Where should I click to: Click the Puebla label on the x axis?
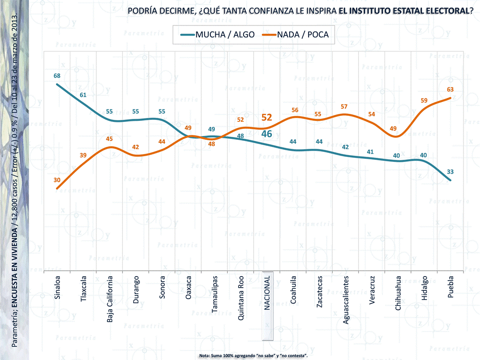[x=451, y=287]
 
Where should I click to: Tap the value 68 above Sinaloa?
[x=57, y=76]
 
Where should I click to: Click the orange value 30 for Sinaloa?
[x=57, y=180]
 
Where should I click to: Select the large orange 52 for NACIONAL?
[x=267, y=117]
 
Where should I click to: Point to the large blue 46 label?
[x=267, y=134]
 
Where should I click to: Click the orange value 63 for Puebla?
[x=450, y=89]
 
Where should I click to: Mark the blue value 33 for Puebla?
[x=450, y=171]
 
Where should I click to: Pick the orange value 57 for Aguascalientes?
[x=344, y=106]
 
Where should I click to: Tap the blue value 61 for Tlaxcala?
[x=83, y=95]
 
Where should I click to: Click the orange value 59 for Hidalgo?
[x=424, y=100]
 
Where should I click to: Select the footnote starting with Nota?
[x=253, y=355]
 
